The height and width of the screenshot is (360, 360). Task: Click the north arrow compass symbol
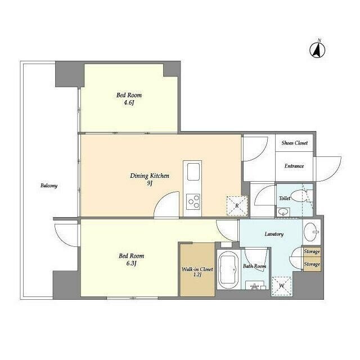click(x=317, y=50)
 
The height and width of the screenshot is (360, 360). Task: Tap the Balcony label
click(x=49, y=186)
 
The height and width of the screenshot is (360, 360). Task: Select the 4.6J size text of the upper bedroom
click(x=129, y=102)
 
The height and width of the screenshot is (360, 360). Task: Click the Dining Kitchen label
click(x=150, y=175)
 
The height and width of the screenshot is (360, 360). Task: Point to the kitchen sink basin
click(x=193, y=172)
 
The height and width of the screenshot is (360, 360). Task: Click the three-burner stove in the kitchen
click(x=193, y=201)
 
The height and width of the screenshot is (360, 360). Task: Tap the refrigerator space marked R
click(x=237, y=206)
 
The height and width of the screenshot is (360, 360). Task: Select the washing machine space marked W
click(x=282, y=286)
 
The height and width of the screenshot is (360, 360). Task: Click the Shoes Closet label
click(x=295, y=143)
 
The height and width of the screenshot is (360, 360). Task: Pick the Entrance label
click(x=294, y=166)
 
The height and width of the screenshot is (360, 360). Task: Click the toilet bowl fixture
click(x=298, y=196)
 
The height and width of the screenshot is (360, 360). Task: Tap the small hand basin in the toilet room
click(x=283, y=211)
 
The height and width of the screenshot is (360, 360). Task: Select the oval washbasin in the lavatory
click(x=310, y=231)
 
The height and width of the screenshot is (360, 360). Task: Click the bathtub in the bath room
click(x=228, y=270)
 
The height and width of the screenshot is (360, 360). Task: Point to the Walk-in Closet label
click(x=197, y=269)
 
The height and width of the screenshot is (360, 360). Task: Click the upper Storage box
click(x=312, y=252)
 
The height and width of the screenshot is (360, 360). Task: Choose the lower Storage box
click(x=312, y=264)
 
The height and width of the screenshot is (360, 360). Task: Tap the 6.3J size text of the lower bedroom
click(x=131, y=263)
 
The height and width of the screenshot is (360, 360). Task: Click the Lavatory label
click(x=274, y=234)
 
